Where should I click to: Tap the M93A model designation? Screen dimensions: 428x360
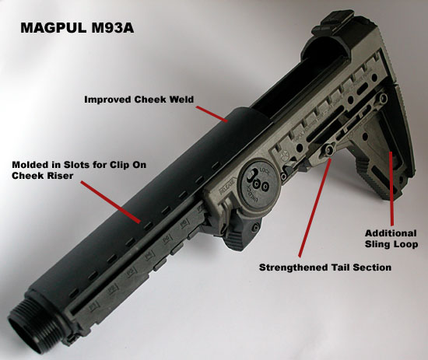[113, 28]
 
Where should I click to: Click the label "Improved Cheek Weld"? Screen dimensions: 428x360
[139, 100]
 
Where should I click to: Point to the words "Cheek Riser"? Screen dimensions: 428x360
[43, 176]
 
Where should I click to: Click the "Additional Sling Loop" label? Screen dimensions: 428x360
[391, 239]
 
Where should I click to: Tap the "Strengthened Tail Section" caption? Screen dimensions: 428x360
[325, 267]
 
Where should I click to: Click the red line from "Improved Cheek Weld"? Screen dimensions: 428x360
[212, 114]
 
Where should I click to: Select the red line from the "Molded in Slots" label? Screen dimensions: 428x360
[111, 202]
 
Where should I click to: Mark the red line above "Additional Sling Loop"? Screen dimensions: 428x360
[391, 189]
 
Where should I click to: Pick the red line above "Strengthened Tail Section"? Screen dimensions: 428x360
[314, 208]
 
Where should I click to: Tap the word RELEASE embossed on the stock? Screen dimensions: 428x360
[227, 187]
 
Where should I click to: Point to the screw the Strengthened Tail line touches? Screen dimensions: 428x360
[328, 149]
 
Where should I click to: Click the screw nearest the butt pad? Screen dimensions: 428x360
[384, 97]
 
